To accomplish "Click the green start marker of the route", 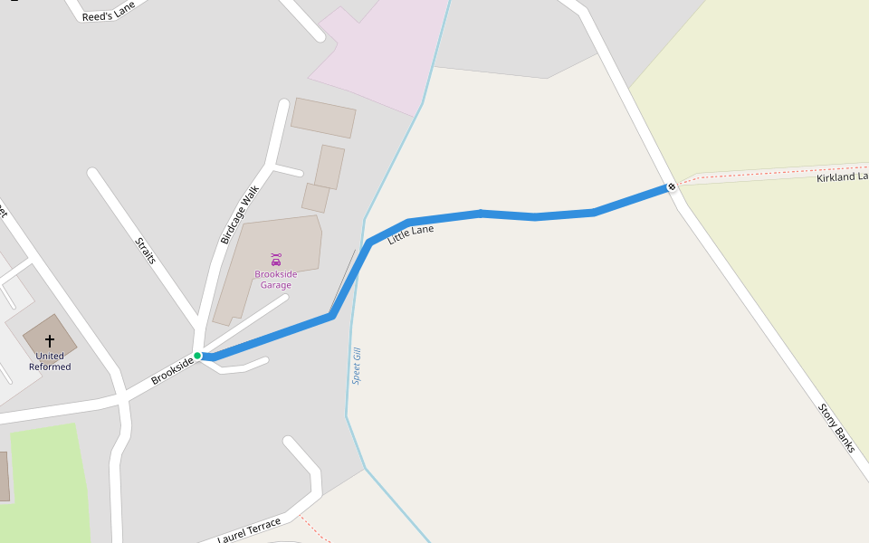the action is (197, 356).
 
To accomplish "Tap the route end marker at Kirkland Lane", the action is (672, 187).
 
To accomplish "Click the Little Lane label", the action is (411, 235).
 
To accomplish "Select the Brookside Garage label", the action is (275, 280).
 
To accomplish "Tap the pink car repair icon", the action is (276, 259).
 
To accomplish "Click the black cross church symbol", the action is (50, 340).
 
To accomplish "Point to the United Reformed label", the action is (50, 361).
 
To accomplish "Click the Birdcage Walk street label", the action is (240, 214).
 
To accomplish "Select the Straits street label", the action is (146, 251).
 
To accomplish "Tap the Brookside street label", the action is (172, 371).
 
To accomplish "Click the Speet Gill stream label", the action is (357, 366).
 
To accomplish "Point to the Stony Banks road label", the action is (837, 427).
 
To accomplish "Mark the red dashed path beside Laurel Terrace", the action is (314, 529).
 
